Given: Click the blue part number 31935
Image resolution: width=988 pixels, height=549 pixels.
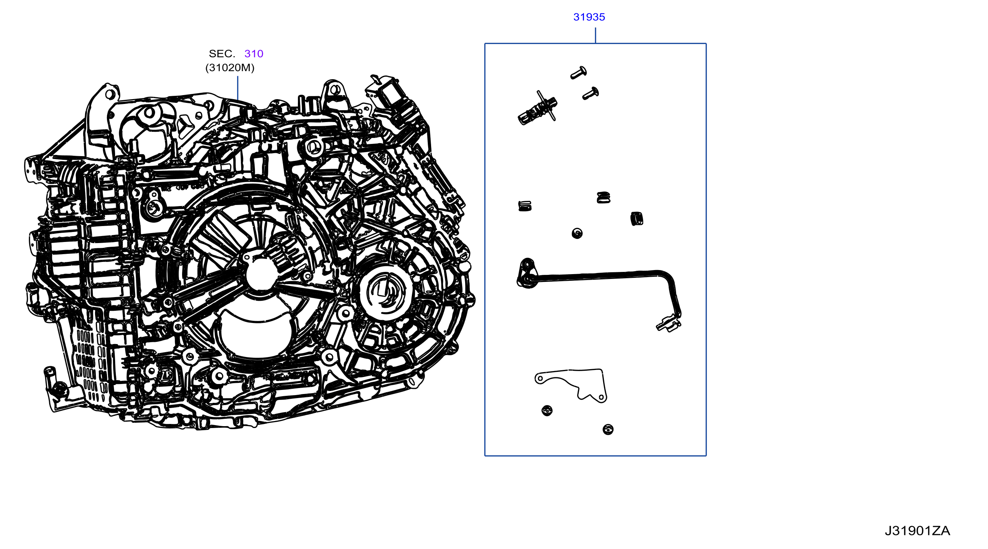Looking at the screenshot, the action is coord(589,17).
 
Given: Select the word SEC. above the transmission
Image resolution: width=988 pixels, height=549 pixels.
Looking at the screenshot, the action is coord(222,54).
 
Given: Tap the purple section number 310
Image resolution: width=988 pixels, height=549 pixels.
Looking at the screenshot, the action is coord(253,54).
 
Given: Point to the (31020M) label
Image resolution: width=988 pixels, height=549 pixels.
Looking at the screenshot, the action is coord(230,68).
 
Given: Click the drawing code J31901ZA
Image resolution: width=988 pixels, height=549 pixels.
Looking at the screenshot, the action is coord(917,531).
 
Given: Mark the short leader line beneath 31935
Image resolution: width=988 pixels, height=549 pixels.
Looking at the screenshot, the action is coord(595,35).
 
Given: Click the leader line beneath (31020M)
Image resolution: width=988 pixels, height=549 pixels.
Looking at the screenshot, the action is coord(238,88).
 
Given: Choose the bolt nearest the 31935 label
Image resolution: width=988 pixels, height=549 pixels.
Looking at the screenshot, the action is coord(579,73).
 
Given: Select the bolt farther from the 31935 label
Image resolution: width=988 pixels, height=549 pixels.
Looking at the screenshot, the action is coord(591,94).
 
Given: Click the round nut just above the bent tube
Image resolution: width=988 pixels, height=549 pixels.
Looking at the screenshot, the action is coord(577,233).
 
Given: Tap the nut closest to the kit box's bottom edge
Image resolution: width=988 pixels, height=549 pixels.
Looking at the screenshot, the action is coord(608,430).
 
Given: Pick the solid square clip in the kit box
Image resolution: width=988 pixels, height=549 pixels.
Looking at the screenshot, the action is coord(637,219).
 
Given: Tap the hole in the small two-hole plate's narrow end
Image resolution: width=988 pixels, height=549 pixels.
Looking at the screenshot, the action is coord(540,379).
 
